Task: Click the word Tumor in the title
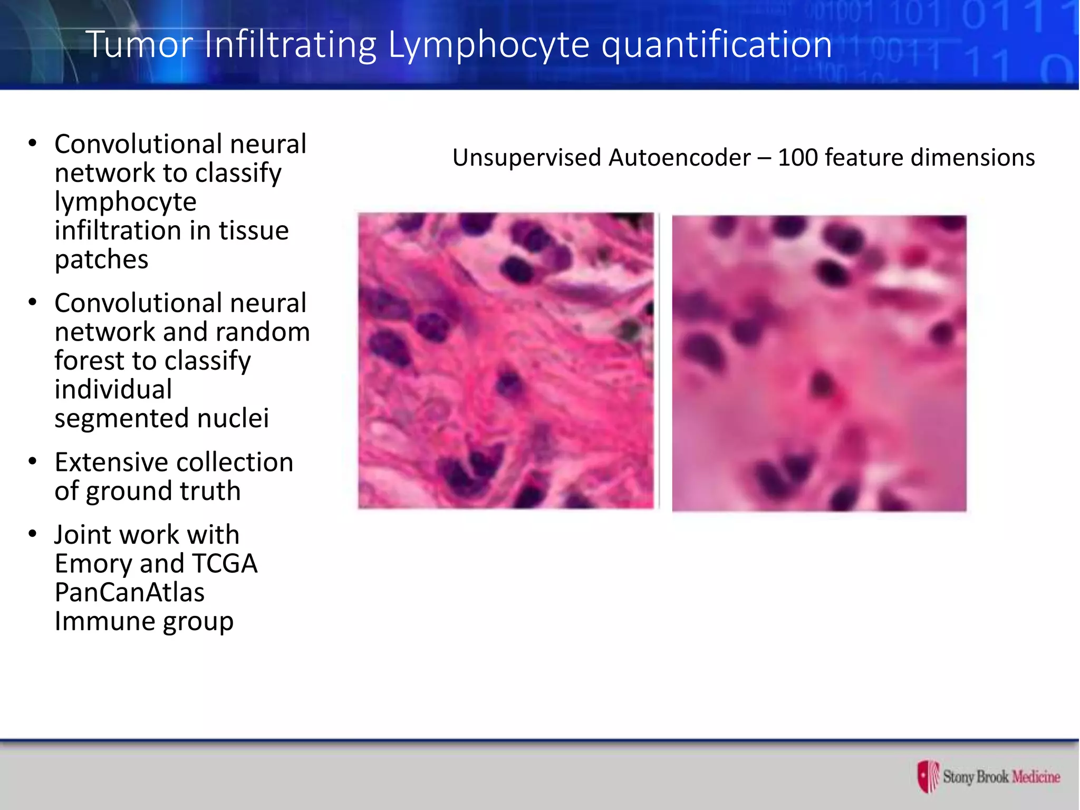[139, 44]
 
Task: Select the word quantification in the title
[717, 44]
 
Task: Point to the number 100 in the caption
[797, 158]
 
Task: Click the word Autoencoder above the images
[680, 158]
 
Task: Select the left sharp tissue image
[506, 361]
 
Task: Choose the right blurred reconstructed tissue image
[819, 363]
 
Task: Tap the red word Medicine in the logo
[1036, 777]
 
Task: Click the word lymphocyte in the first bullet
[126, 202]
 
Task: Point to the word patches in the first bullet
[101, 259]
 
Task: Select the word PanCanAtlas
[129, 592]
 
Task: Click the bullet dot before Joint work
[33, 534]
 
